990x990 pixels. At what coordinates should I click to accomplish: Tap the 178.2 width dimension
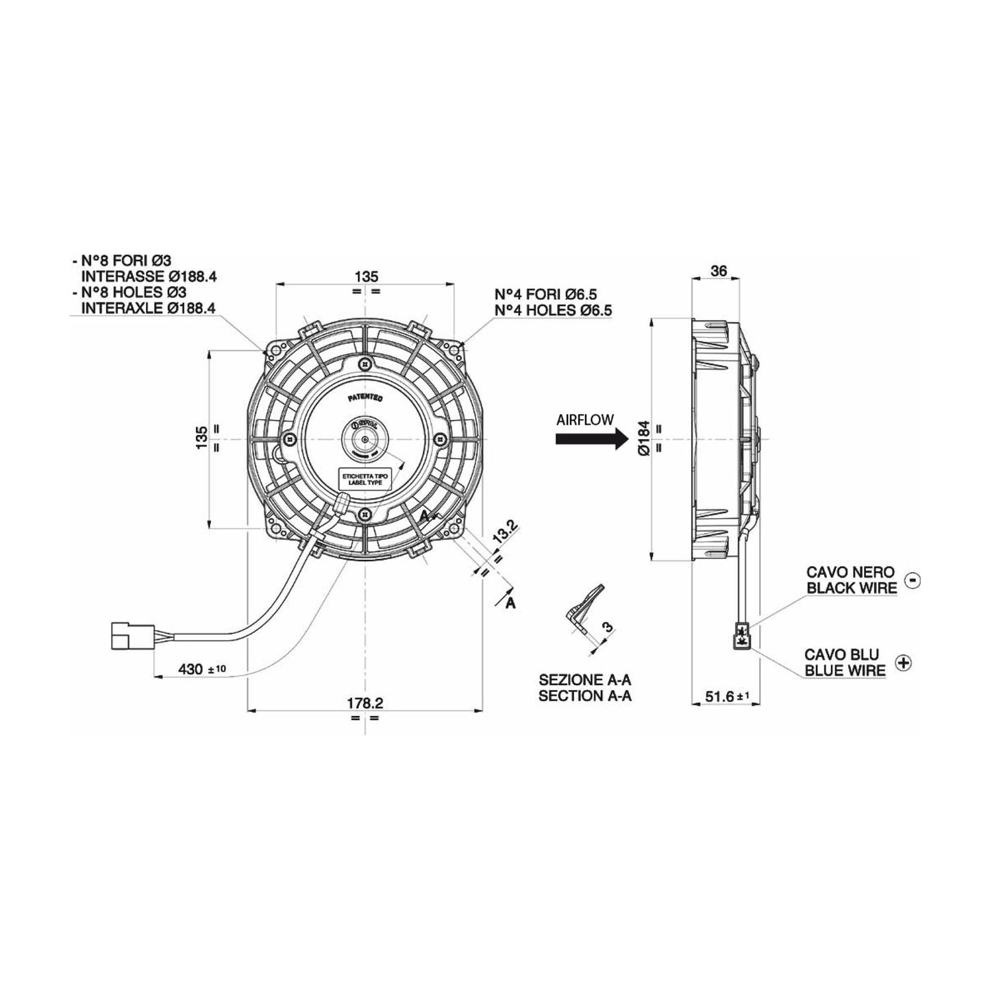[364, 702]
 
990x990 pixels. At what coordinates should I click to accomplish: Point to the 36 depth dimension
[719, 271]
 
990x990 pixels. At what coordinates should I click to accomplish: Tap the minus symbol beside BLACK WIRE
[912, 580]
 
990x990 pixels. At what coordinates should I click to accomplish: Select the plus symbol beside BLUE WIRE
[905, 663]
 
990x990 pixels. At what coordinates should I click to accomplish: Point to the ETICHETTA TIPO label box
[364, 478]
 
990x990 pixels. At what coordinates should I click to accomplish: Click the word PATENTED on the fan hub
[364, 397]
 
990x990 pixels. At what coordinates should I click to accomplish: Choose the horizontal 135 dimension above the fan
[367, 277]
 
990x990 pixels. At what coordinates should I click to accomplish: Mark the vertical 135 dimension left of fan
[201, 438]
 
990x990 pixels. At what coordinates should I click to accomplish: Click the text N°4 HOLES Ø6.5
[553, 310]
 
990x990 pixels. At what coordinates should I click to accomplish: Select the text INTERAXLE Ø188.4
[148, 308]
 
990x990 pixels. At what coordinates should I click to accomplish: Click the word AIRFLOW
[585, 420]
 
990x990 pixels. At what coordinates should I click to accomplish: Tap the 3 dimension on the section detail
[606, 626]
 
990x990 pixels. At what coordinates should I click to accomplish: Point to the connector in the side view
[742, 635]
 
